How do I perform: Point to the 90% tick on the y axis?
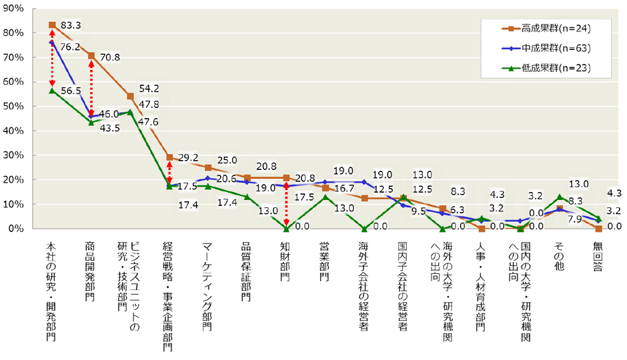14,8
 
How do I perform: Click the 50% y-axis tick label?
14,106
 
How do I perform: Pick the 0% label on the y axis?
17,229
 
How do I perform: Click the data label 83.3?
71,26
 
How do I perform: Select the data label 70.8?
109,57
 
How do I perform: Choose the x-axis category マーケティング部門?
207,286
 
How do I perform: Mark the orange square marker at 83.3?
52,25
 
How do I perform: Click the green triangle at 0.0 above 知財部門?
285,229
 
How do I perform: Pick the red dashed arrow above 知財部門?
285,203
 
